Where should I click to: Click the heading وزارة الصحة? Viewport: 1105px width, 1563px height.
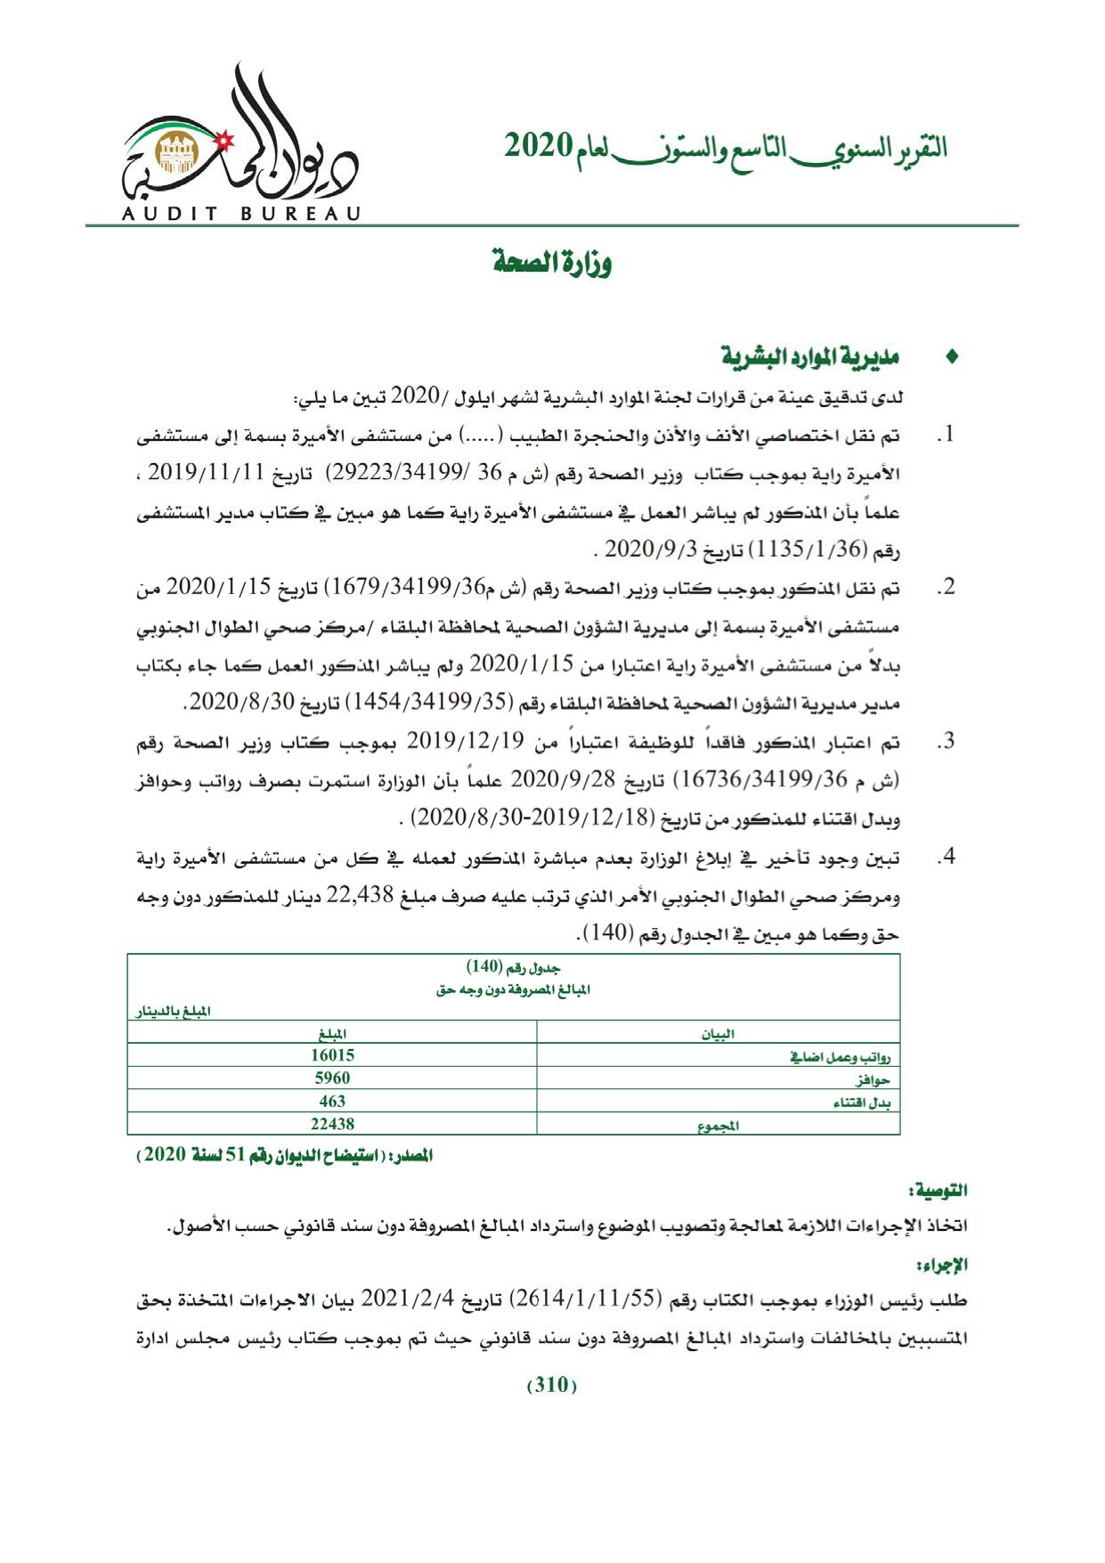tap(552, 264)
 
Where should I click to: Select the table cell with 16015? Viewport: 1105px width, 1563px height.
tap(332, 1055)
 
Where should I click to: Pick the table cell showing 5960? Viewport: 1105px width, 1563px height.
tap(332, 1079)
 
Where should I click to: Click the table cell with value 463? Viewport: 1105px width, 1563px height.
tap(332, 1102)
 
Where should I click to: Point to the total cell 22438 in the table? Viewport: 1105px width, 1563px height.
tap(332, 1125)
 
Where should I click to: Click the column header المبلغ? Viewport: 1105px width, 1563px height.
tap(332, 1033)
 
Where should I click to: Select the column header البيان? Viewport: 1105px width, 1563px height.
tap(718, 1033)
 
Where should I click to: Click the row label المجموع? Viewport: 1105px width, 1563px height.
tap(718, 1126)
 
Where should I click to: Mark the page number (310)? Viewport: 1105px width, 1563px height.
tap(552, 1386)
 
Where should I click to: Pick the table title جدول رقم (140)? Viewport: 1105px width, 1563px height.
tap(514, 967)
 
